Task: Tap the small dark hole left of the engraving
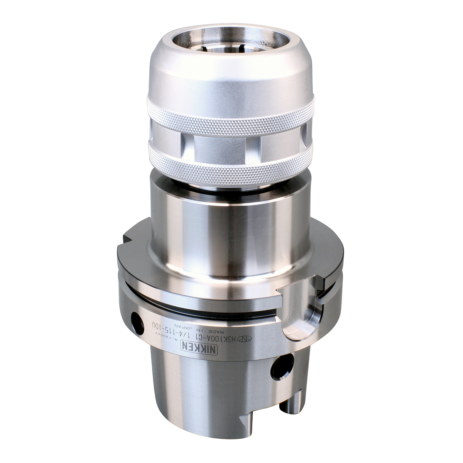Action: (135, 319)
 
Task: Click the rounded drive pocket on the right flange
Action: (299, 305)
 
